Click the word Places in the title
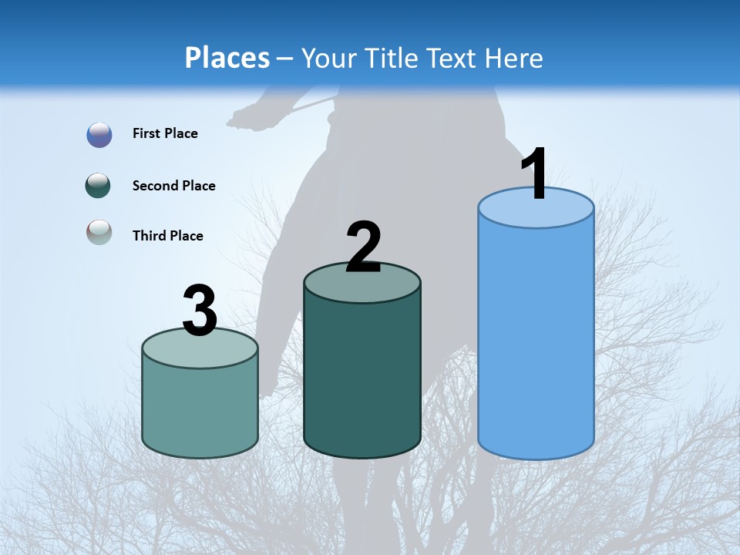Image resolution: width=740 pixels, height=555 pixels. coord(227,58)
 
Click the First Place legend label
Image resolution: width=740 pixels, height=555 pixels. coord(165,133)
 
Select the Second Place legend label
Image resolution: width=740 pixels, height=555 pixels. coord(173,186)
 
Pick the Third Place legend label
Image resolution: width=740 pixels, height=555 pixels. coord(167,236)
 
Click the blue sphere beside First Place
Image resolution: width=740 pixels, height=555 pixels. coord(99,135)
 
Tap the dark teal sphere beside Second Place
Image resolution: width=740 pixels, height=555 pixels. coord(99,186)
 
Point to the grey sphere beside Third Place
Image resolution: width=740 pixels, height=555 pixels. coord(99,232)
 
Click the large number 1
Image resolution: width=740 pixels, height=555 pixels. coord(534,175)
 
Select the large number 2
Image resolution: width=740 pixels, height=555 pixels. coord(363,247)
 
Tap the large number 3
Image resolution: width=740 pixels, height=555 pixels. coord(200,311)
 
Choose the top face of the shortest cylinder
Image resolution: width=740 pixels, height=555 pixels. coord(200,351)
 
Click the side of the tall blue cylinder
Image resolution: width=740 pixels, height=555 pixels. coord(536,339)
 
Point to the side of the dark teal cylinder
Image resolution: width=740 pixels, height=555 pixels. coord(362,378)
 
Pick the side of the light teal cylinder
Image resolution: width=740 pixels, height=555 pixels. coord(200,409)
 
